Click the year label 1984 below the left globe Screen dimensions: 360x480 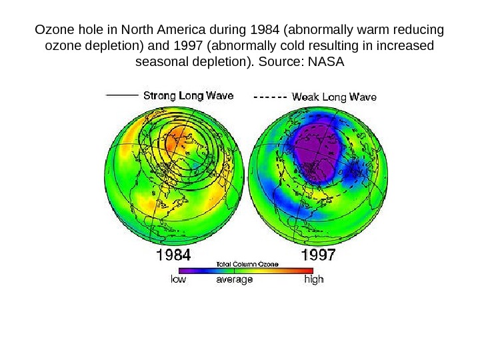173,255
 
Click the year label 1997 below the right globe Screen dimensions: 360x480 319,255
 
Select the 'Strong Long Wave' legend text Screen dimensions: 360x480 189,95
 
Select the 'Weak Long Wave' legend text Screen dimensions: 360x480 335,97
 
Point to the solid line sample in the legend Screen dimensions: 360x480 123,95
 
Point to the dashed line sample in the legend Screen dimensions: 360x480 271,97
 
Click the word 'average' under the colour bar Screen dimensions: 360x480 235,280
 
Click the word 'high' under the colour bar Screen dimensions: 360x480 313,280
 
